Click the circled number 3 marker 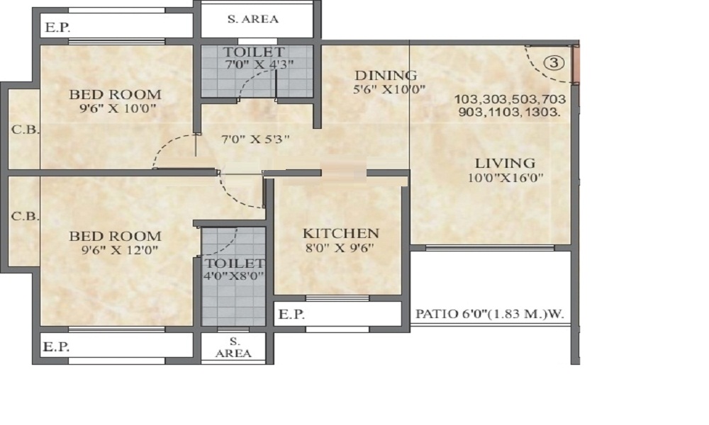point(554,63)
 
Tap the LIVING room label point(505,163)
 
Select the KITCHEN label point(341,234)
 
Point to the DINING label point(386,75)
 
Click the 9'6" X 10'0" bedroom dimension point(118,108)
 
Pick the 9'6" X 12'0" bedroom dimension point(120,250)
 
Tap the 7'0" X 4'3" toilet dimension point(259,64)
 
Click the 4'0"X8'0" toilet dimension point(233,276)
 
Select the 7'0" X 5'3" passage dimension point(255,139)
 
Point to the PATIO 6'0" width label point(490,314)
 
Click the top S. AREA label point(253,19)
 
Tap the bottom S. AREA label point(234,347)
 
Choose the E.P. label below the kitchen point(291,314)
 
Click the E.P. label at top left point(58,28)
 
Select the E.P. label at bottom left point(56,347)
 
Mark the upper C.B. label point(25,130)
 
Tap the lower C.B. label point(25,216)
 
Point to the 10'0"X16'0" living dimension point(505,178)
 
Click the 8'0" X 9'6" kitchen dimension point(340,247)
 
